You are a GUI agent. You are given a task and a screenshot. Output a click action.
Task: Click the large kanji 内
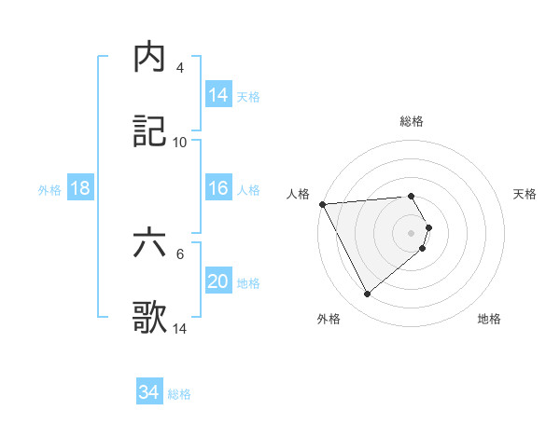pyautogui.click(x=150, y=58)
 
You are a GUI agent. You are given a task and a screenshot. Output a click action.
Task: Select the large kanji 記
pyautogui.click(x=150, y=131)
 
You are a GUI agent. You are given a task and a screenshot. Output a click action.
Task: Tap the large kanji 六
pyautogui.click(x=150, y=244)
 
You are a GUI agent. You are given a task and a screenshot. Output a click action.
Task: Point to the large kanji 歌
pyautogui.click(x=150, y=318)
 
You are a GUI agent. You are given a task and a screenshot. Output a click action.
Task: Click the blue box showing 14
pyautogui.click(x=218, y=95)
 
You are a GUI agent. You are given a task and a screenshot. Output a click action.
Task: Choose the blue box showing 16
pyautogui.click(x=218, y=189)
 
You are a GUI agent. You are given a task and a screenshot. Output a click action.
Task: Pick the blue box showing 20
pyautogui.click(x=218, y=282)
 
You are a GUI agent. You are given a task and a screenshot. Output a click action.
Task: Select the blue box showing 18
pyautogui.click(x=80, y=189)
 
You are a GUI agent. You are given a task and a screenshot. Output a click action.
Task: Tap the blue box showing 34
pyautogui.click(x=149, y=393)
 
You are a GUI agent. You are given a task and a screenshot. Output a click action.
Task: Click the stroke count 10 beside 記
pyautogui.click(x=180, y=143)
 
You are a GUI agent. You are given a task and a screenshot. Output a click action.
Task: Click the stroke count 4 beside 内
pyautogui.click(x=180, y=68)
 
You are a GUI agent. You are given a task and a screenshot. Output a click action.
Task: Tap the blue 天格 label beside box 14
pyautogui.click(x=247, y=96)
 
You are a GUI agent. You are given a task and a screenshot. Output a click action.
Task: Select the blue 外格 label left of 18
pyautogui.click(x=49, y=190)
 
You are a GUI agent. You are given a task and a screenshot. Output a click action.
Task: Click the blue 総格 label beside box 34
pyautogui.click(x=179, y=394)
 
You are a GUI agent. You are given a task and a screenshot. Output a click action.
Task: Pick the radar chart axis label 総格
pyautogui.click(x=412, y=121)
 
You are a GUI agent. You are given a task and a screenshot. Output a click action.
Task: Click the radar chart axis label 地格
pyautogui.click(x=489, y=319)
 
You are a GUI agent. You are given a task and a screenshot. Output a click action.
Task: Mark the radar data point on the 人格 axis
pyautogui.click(x=322, y=204)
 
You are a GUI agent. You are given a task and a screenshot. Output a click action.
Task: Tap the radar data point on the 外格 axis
pyautogui.click(x=367, y=294)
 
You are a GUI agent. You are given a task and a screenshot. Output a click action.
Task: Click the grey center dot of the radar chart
pyautogui.click(x=412, y=232)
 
